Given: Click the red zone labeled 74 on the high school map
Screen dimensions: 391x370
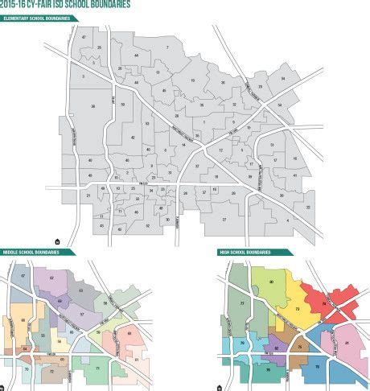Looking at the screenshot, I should tap(324, 304).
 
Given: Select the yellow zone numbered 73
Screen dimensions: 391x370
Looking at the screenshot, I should tap(298, 309).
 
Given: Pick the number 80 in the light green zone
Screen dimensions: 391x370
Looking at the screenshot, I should tap(271, 281).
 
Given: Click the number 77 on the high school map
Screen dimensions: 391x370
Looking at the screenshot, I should tap(243, 304).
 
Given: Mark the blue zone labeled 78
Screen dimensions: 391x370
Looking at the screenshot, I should tap(317, 367).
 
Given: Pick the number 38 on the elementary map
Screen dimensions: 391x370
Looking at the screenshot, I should tap(93, 107).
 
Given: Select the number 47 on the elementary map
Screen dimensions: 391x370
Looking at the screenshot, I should tap(84, 38).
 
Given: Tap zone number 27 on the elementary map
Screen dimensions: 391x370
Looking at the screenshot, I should tap(224, 219).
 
